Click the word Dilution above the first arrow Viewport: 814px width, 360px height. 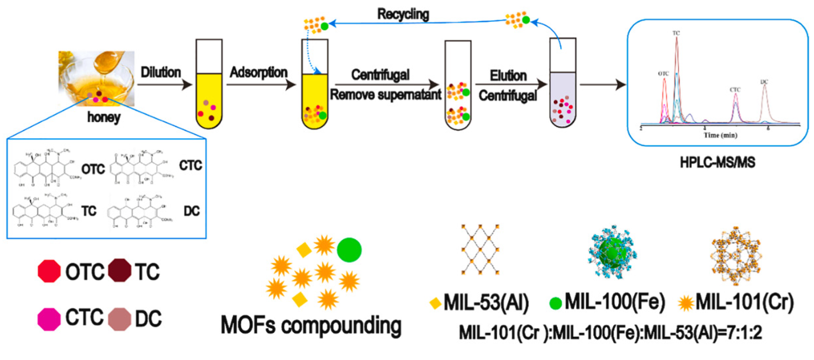pos(161,72)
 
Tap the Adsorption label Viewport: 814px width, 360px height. pos(259,72)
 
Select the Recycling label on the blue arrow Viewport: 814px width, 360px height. pos(403,14)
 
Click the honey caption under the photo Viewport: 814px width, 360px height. pos(104,117)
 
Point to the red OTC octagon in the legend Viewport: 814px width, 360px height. pos(49,271)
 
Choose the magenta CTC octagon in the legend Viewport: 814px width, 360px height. pos(49,319)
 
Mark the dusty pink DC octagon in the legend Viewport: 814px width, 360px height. pos(119,319)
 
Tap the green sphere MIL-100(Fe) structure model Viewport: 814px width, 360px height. pos(612,253)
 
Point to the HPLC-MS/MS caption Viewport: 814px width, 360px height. pos(717,162)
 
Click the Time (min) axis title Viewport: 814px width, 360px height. pos(720,135)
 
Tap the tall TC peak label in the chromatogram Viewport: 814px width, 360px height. pos(676,33)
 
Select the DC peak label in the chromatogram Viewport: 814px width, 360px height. pos(764,82)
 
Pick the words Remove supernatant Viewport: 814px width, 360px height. pos(385,95)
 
